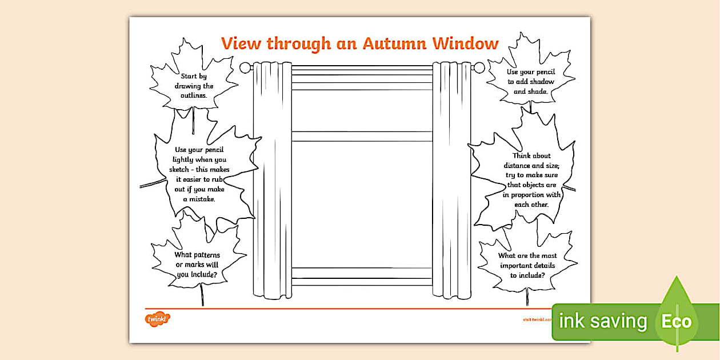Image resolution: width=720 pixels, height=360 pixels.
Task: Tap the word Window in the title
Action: click(x=465, y=43)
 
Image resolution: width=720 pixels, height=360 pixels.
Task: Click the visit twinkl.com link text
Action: click(x=537, y=319)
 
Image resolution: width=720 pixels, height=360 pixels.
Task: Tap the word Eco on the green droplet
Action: click(x=676, y=321)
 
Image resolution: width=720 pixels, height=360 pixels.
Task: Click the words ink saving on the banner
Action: click(x=602, y=321)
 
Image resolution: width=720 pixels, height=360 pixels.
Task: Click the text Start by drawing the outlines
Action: click(x=194, y=86)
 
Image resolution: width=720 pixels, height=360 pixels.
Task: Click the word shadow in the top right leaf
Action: click(x=540, y=82)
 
